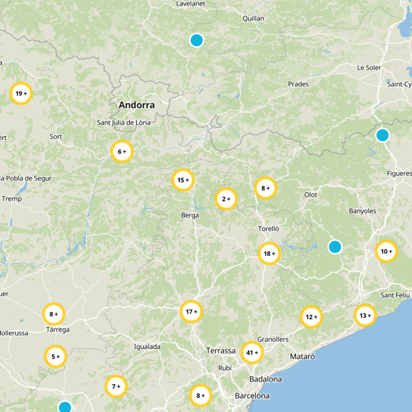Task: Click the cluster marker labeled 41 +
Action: coord(252,353)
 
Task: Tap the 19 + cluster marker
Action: coord(21,94)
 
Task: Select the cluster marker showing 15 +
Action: coord(183,180)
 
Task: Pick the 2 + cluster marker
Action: coord(226,199)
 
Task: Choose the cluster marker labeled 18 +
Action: coord(269,253)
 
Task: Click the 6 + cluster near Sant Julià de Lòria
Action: coord(122,151)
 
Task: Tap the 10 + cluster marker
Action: coord(386,251)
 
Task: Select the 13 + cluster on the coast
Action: coord(365,316)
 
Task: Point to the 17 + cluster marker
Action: coord(192,312)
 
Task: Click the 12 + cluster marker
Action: coord(311,317)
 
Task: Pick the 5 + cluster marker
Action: coord(55,356)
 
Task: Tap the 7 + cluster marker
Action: coord(116,386)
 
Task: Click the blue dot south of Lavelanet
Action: coord(196,40)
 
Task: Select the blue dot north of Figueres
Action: coord(382,135)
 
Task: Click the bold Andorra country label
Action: coord(136,105)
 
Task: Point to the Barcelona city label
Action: coord(252,396)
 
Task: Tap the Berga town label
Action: coord(190,215)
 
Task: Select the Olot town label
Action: coord(311,195)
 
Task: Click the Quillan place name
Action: coord(253,19)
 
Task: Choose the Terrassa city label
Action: coord(220,350)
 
